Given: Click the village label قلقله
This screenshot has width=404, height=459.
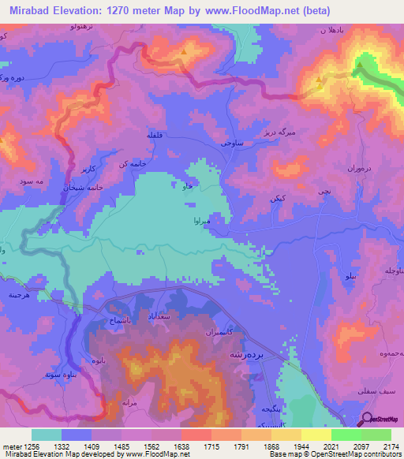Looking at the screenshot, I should point(154,136).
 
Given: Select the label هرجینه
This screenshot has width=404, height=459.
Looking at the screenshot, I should point(21,292).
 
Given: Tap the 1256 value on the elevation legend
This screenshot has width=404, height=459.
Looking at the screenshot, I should point(18,446).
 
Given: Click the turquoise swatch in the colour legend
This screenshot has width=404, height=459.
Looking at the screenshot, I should point(47,435).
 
